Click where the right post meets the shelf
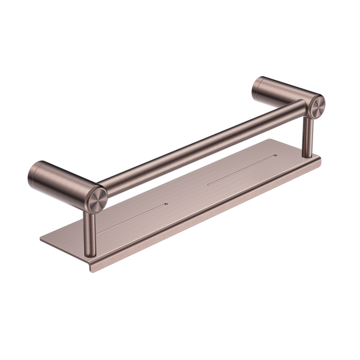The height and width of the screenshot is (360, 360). click(x=307, y=157)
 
